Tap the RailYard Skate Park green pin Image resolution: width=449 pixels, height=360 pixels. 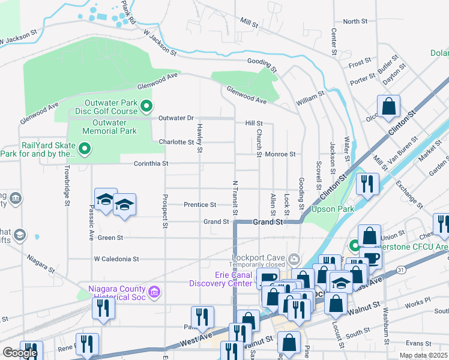85,148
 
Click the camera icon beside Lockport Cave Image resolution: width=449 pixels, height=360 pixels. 294,259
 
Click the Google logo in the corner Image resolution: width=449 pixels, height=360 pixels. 20,353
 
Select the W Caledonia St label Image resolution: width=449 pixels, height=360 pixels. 116,259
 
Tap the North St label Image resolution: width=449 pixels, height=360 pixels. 355,22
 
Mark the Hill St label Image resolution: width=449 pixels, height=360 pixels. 254,123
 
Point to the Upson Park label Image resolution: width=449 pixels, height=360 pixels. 332,209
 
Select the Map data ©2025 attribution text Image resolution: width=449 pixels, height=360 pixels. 423,356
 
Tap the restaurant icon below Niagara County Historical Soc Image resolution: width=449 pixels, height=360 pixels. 104,308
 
